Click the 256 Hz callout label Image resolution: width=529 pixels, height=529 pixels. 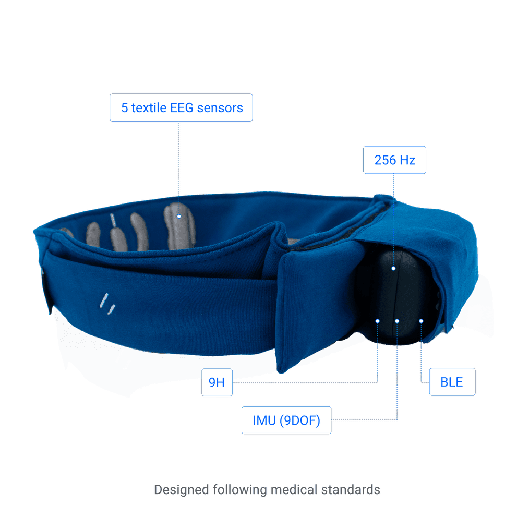tap(394, 160)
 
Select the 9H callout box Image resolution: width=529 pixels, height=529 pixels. tap(217, 382)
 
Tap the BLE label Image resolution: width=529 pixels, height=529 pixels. tap(452, 382)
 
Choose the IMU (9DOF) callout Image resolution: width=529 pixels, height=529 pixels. tap(286, 420)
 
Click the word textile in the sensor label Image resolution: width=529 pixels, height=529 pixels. tap(149, 108)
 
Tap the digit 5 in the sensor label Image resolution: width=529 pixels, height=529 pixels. tap(124, 108)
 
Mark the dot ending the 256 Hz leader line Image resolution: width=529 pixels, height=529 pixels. tap(393, 269)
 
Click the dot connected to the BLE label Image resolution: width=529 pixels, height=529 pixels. tap(421, 321)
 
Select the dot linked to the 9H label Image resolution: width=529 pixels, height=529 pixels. tap(377, 321)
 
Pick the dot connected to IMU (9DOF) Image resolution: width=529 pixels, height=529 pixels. tap(397, 321)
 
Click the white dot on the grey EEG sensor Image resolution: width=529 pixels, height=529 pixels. tap(178, 216)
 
